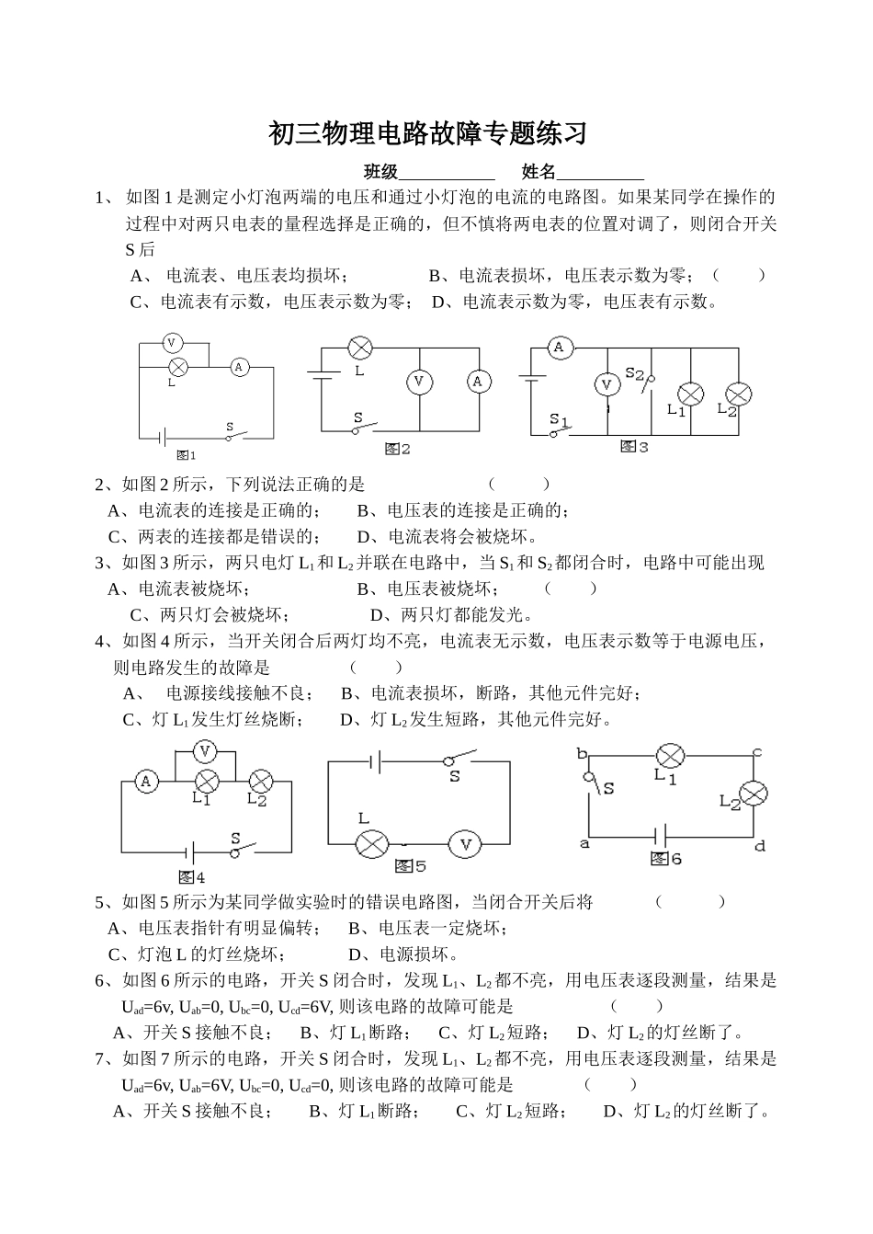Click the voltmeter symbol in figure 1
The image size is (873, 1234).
[170, 343]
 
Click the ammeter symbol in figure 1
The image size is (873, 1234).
[239, 367]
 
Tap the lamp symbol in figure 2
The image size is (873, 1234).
[358, 348]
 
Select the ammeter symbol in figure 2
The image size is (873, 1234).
[477, 382]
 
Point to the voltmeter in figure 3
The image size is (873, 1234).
[607, 384]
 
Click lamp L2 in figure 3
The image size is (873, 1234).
[738, 394]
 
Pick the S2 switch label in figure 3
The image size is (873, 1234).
[635, 372]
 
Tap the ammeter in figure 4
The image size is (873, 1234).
[145, 782]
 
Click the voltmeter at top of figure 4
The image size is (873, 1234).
[205, 751]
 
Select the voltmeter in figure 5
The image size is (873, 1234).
[465, 843]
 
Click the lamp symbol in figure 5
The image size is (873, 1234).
[371, 843]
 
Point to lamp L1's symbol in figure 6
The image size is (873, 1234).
[669, 756]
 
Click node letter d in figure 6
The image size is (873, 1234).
[759, 846]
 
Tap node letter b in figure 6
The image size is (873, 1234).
[581, 754]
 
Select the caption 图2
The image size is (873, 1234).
[397, 449]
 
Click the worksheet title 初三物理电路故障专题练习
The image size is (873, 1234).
[427, 134]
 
